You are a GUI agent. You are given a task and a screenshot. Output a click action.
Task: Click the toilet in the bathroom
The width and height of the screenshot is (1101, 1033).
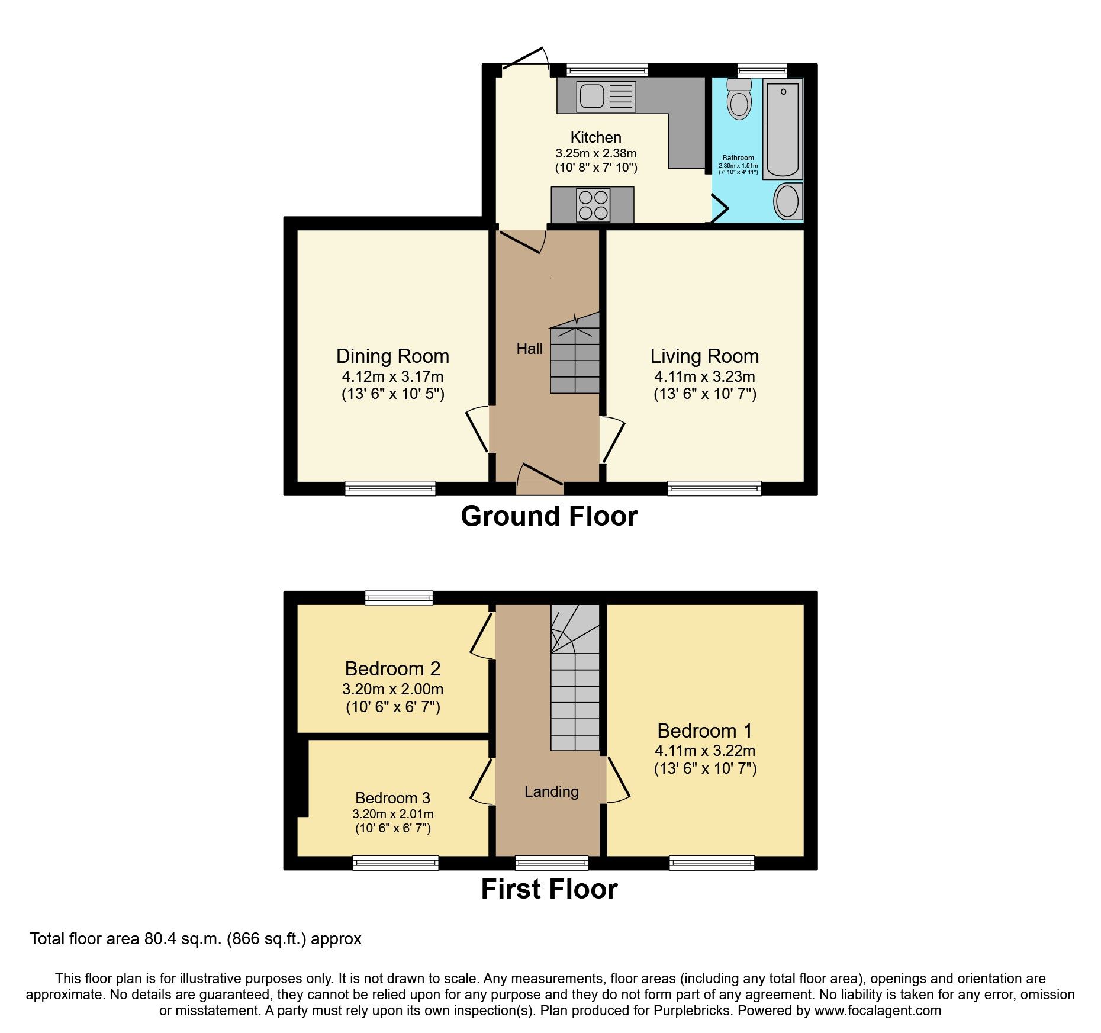(739, 100)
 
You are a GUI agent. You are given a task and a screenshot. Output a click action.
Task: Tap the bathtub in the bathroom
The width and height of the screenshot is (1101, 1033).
(783, 129)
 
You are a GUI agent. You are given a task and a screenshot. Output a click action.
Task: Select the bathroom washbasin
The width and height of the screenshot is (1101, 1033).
(788, 201)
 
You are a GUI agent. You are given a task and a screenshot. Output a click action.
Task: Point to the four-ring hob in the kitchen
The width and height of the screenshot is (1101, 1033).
(593, 204)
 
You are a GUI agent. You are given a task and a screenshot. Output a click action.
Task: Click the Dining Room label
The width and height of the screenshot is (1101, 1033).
(392, 356)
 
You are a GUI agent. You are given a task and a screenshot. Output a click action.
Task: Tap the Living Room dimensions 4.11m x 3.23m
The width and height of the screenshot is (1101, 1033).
(704, 376)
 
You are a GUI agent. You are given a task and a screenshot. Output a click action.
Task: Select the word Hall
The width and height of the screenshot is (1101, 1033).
(529, 349)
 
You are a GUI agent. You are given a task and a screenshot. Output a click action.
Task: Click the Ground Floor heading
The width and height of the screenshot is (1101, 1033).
(549, 516)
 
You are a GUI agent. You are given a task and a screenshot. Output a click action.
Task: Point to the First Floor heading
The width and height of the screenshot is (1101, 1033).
(549, 889)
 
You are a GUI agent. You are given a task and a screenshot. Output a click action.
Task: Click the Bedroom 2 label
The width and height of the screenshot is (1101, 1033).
(392, 669)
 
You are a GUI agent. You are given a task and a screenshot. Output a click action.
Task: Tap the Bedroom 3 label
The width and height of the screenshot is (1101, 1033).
(392, 798)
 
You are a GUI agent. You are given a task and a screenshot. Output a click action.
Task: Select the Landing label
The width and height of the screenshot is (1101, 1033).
(551, 791)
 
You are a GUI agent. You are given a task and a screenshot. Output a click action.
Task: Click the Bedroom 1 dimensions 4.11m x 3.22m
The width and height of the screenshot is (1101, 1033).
(704, 751)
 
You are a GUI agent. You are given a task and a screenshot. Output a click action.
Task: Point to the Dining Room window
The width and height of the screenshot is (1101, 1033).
(390, 488)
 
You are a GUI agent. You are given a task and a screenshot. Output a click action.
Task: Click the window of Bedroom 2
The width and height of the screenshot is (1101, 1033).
(399, 598)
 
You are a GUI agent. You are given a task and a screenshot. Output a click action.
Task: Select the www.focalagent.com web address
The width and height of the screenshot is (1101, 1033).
(877, 1011)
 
